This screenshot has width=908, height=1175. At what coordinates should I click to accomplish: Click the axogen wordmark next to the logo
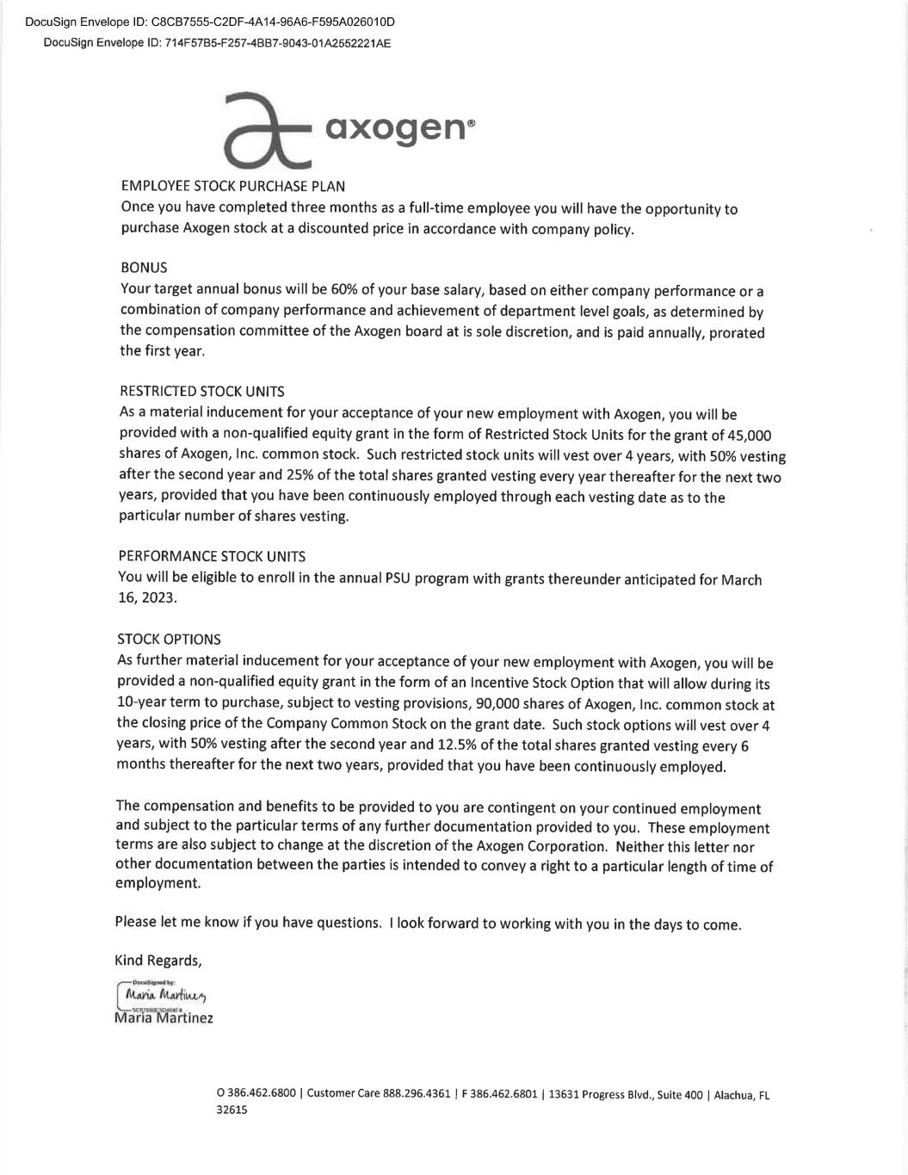[x=398, y=128]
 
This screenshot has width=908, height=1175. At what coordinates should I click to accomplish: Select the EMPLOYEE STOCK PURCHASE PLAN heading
[x=233, y=186]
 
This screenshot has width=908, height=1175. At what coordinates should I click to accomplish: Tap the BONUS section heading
[x=144, y=268]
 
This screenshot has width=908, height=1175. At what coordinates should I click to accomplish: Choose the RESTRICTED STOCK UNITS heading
[x=201, y=392]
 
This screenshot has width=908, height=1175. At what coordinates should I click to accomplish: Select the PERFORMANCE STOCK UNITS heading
[x=212, y=557]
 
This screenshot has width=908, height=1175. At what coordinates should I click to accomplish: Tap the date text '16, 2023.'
[x=147, y=597]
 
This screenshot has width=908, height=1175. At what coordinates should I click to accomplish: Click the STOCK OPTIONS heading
[x=169, y=640]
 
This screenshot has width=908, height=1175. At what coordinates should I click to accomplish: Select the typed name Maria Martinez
[x=164, y=1018]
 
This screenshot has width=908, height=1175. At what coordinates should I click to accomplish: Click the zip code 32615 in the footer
[x=232, y=1110]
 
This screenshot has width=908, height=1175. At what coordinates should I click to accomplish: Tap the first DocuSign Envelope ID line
[x=204, y=22]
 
